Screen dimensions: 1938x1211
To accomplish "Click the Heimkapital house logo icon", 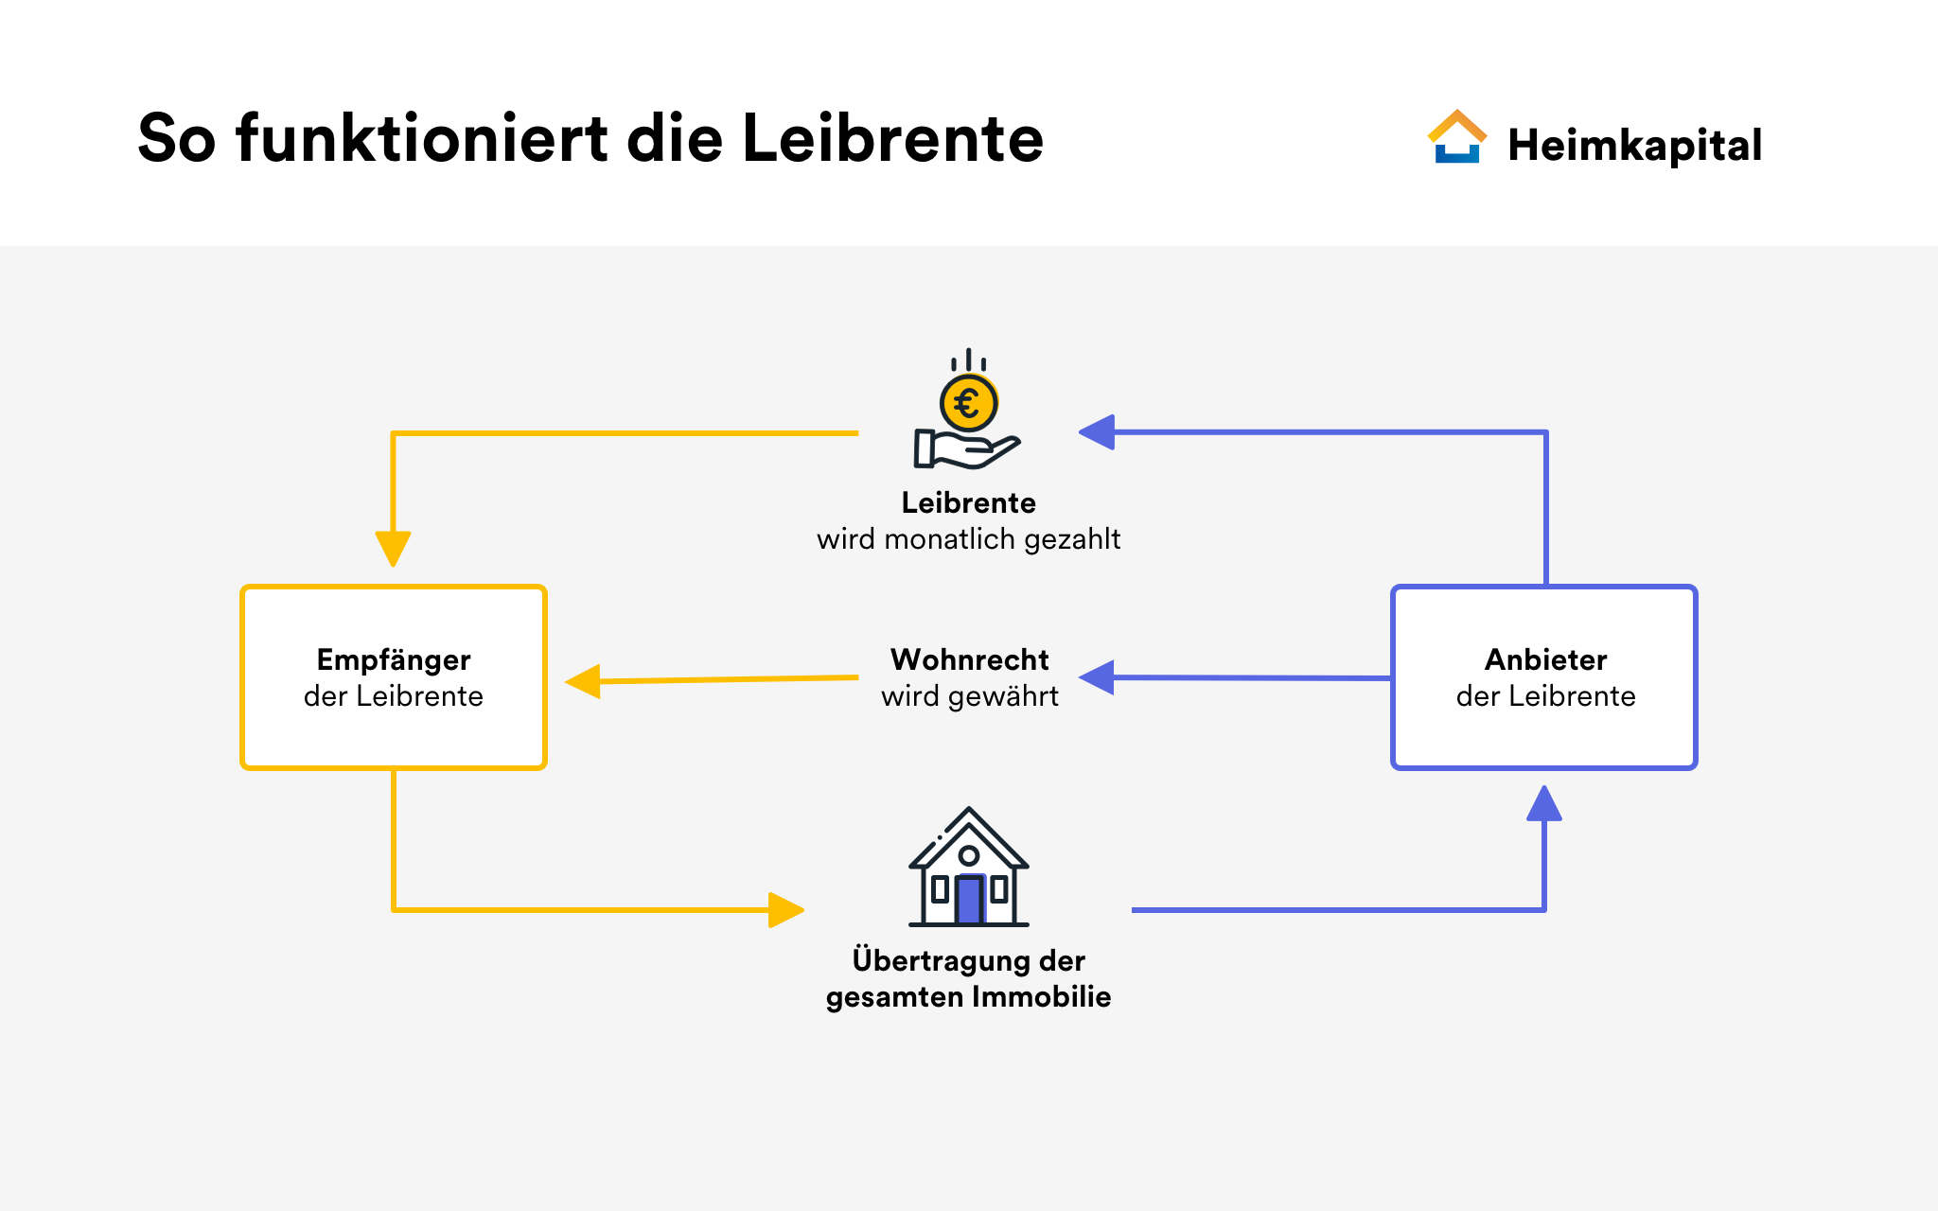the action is [x=1457, y=137].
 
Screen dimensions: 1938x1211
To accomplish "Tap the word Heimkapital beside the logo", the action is [x=1634, y=146].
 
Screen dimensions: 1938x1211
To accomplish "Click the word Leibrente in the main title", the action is [x=892, y=138].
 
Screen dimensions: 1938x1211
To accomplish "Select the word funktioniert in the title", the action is [x=422, y=138].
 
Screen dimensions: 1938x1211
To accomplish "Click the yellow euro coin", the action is [x=968, y=403].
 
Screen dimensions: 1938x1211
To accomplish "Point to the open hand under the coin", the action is [x=966, y=448].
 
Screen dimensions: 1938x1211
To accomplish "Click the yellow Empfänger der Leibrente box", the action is [x=394, y=677].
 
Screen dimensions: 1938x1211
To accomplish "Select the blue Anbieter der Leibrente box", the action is [x=1544, y=677].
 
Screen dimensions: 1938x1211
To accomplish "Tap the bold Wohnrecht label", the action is [x=969, y=659].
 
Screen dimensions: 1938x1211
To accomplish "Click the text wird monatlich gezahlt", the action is [x=968, y=539].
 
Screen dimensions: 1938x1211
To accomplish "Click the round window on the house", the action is [x=969, y=855].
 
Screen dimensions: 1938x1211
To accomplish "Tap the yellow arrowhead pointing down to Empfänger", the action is [x=393, y=549].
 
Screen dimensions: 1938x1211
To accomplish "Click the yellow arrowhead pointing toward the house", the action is [x=786, y=910].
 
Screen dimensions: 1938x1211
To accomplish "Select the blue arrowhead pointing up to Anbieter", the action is [x=1544, y=803].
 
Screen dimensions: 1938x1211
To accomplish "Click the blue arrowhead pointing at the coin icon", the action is [x=1097, y=432].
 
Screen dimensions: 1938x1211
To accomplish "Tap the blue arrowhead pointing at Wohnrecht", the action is [x=1097, y=677].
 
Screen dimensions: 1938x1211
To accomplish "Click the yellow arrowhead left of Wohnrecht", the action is [x=583, y=681].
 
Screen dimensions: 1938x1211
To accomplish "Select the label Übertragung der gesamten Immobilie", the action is [x=968, y=978].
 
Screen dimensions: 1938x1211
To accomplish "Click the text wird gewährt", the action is [x=970, y=696].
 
